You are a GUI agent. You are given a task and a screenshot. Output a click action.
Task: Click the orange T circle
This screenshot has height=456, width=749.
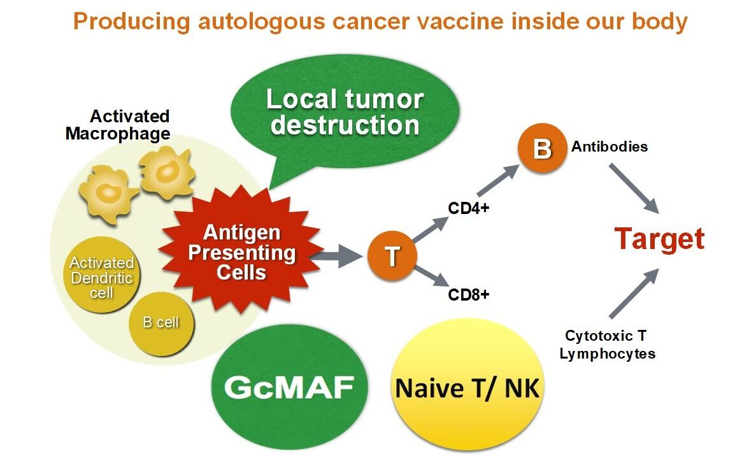point(392,256)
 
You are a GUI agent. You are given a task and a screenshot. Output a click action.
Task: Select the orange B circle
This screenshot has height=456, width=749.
point(542,149)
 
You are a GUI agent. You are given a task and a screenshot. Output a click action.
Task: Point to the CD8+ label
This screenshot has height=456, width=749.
point(469,295)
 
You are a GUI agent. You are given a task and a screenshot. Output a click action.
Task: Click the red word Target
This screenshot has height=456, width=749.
point(659,239)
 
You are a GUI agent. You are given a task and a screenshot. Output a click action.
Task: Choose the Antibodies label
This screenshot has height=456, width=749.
point(610,146)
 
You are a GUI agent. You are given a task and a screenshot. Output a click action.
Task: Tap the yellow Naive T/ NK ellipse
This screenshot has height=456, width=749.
point(468,387)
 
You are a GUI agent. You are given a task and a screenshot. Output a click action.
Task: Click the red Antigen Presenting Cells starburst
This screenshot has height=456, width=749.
point(241,253)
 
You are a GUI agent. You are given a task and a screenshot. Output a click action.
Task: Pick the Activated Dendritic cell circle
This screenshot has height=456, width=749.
point(102,277)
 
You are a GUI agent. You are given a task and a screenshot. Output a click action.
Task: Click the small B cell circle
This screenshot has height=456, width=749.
point(160,323)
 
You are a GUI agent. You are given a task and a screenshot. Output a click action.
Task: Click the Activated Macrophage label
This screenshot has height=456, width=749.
point(118,125)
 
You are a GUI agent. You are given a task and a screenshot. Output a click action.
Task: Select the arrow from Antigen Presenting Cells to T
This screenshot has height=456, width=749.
point(339,256)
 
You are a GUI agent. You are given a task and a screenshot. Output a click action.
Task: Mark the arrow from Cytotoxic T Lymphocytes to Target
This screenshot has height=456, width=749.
point(634,294)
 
